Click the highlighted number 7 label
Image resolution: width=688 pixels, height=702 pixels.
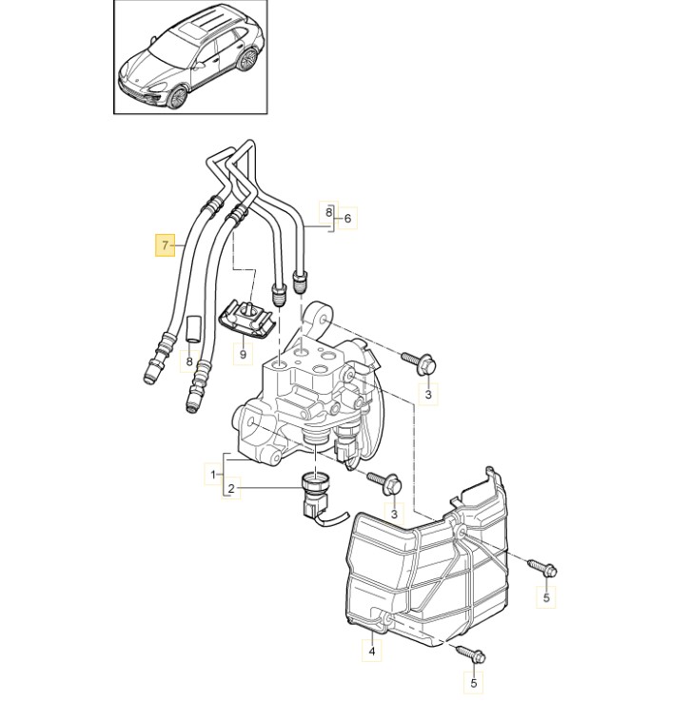pos(165,244)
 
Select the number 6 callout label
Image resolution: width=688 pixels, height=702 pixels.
pos(347,219)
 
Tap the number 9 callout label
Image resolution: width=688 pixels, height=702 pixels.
pos(243,354)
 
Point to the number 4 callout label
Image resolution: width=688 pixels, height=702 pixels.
pos(372,652)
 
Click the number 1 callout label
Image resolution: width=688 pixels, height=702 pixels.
pos(214,474)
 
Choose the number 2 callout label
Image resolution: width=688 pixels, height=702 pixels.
pos(231,488)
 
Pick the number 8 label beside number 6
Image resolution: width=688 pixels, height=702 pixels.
pos(328,212)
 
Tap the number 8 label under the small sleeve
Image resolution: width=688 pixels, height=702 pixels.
pos(189,361)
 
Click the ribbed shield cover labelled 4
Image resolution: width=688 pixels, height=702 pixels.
pos(428,563)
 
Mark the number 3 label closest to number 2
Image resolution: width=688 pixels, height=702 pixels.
pos(394,513)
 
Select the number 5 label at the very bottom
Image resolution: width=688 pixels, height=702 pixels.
pos(474,684)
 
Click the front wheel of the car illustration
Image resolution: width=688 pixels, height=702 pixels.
pos(178,96)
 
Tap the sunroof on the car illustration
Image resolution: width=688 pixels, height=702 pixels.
pos(189,32)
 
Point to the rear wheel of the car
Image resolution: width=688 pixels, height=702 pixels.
pos(246,60)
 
